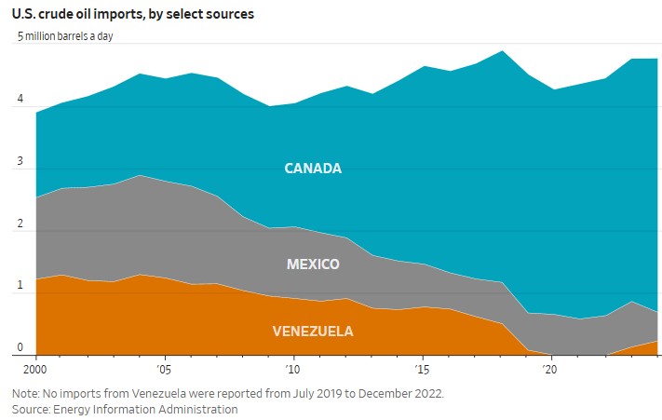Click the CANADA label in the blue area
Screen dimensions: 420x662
(313, 169)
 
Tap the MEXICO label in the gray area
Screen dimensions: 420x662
(313, 264)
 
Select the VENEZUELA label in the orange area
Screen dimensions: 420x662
(313, 332)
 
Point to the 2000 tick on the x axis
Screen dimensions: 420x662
(35, 369)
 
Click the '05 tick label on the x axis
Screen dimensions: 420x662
(164, 369)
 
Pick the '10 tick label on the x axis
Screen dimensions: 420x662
(292, 369)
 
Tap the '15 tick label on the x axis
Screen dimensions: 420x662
(422, 369)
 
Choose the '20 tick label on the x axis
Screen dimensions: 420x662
(550, 369)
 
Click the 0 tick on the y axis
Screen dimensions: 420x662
(19, 348)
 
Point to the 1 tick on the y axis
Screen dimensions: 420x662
(19, 287)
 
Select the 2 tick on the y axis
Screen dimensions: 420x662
(19, 224)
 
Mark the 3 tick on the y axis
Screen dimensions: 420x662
(19, 163)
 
